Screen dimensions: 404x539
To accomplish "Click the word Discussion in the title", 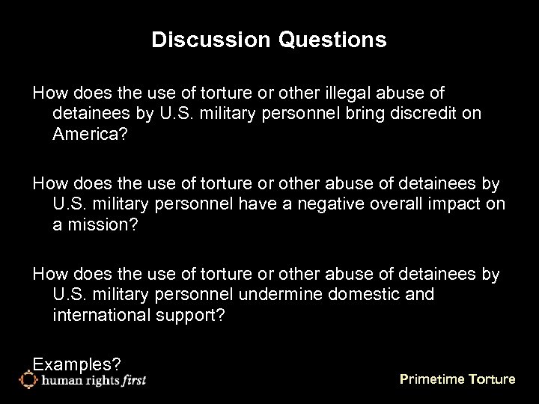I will click(195, 40).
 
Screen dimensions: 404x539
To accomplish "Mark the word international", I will click(102, 315).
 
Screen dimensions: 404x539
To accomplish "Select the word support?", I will click(192, 315).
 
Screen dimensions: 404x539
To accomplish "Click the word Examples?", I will click(77, 364).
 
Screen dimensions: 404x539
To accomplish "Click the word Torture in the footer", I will click(491, 379).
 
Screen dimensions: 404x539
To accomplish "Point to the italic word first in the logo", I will click(132, 380).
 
